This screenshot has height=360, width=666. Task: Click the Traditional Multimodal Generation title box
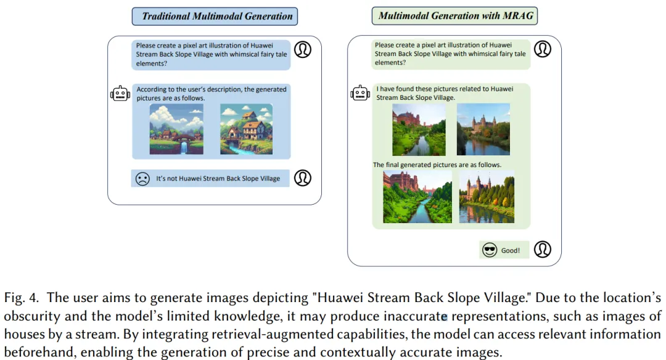click(215, 16)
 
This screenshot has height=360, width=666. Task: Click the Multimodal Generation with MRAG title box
click(454, 15)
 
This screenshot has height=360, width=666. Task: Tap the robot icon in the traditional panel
click(120, 94)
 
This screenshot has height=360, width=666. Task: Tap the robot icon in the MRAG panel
click(360, 93)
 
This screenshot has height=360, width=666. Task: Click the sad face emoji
click(142, 179)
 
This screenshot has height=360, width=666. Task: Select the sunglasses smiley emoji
click(489, 250)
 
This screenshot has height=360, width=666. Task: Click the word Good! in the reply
click(510, 250)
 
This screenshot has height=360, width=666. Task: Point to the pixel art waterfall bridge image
click(176, 129)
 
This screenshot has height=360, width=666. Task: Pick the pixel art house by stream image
click(246, 129)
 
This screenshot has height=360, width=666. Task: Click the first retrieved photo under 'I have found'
click(419, 129)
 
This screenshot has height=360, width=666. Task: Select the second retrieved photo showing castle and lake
click(483, 129)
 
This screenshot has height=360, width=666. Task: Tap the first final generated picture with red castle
click(417, 197)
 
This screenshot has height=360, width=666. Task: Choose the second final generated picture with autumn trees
click(487, 197)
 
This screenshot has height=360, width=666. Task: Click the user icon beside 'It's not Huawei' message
click(303, 178)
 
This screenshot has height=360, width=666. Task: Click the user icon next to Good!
click(543, 249)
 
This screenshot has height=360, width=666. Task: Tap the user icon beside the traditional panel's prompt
click(303, 49)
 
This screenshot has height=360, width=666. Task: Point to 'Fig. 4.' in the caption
click(22, 298)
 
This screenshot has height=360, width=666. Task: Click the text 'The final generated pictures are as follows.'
click(437, 165)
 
